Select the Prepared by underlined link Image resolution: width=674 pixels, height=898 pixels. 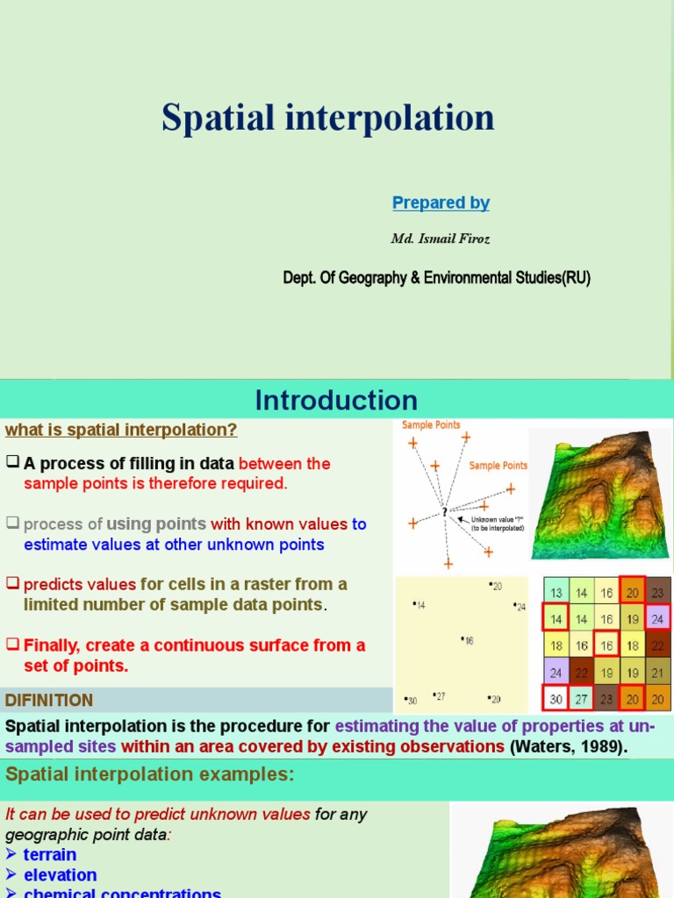(441, 203)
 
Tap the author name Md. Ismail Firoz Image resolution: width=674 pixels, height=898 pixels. (440, 239)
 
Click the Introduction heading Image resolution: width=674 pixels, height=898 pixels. (336, 401)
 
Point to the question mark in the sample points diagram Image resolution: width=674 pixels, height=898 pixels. (445, 512)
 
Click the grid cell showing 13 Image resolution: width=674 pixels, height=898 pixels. (556, 594)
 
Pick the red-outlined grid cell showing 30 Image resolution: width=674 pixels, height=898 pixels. (556, 699)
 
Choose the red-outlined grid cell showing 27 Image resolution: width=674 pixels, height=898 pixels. (581, 699)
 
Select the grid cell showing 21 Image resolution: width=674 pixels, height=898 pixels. (657, 673)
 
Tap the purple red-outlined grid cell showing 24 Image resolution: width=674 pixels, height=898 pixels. (657, 619)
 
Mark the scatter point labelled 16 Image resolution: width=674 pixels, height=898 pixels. (467, 640)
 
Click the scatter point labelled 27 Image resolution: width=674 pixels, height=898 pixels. (438, 697)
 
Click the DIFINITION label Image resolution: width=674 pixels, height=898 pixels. (49, 700)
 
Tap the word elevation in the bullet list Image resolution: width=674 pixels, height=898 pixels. (60, 874)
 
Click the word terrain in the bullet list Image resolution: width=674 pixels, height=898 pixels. (50, 854)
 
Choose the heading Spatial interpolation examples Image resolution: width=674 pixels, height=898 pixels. (150, 774)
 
